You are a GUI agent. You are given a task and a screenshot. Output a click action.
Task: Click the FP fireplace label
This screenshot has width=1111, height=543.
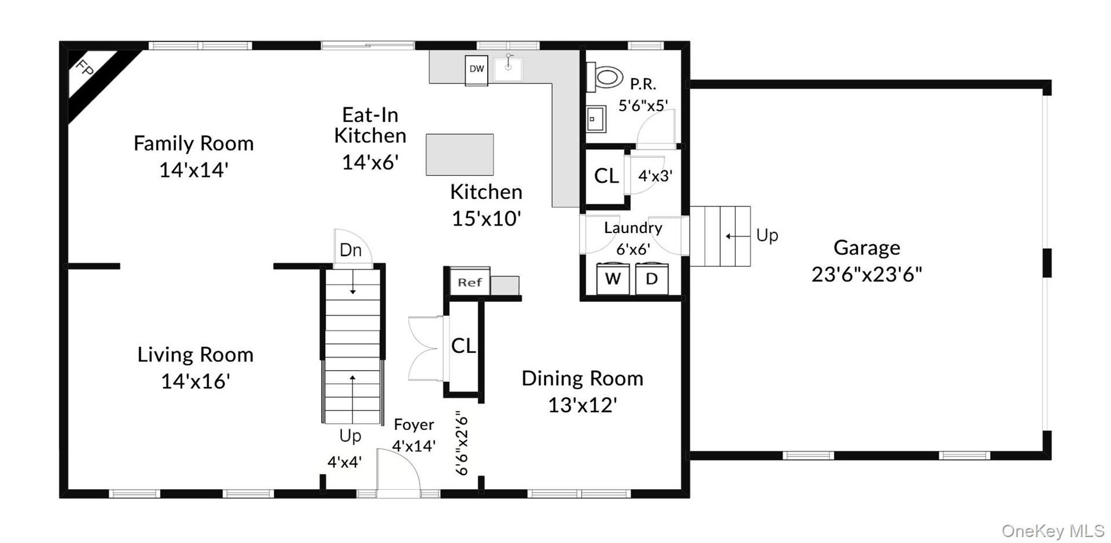pyautogui.click(x=85, y=69)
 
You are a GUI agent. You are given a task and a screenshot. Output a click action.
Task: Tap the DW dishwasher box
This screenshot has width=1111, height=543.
pyautogui.click(x=477, y=70)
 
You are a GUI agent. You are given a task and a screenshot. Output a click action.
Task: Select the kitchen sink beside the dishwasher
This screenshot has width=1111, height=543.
pyautogui.click(x=509, y=68)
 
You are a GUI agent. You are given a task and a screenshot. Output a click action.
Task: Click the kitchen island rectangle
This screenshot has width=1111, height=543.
pyautogui.click(x=460, y=154)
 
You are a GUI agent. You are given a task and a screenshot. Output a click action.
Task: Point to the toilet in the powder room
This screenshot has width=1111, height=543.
pyautogui.click(x=605, y=77)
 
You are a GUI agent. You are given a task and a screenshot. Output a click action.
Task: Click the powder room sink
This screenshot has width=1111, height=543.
pyautogui.click(x=596, y=119)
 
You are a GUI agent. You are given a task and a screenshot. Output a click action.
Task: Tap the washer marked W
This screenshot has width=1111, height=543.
pyautogui.click(x=613, y=279)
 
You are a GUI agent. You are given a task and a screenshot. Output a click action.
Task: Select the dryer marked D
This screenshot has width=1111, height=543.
pyautogui.click(x=652, y=279)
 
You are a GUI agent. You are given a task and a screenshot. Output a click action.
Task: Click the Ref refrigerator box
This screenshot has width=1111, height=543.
pyautogui.click(x=470, y=282)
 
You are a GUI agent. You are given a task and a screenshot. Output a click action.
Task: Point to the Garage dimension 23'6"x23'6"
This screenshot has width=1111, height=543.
pyautogui.click(x=866, y=274)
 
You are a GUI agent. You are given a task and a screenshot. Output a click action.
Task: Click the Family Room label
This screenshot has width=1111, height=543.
pyautogui.click(x=194, y=143)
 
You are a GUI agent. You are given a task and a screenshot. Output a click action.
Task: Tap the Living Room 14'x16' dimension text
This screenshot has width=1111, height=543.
pyautogui.click(x=196, y=381)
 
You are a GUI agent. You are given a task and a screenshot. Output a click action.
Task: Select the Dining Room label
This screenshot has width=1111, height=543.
pyautogui.click(x=582, y=379)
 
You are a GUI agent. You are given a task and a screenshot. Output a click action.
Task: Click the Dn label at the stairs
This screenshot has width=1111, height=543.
pyautogui.click(x=351, y=250)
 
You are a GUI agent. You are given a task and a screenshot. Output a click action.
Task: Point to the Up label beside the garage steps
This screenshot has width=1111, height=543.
pyautogui.click(x=767, y=236)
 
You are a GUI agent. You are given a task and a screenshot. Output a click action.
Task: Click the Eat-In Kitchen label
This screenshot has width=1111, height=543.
pyautogui.click(x=370, y=125)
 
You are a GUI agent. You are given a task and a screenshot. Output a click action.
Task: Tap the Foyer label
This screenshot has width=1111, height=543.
pyautogui.click(x=414, y=424)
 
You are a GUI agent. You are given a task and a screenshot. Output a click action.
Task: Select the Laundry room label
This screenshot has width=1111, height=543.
pyautogui.click(x=633, y=228)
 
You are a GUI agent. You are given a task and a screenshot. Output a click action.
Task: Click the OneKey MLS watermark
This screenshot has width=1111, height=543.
pyautogui.click(x=1053, y=531)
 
